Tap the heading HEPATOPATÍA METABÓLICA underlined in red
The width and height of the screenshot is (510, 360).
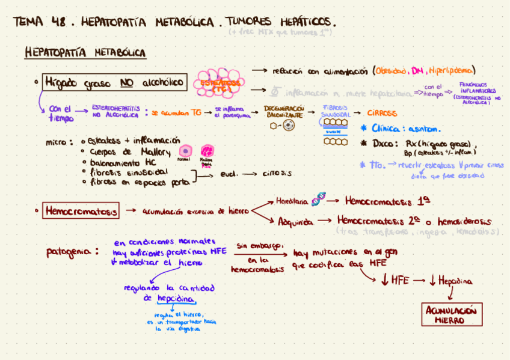[85, 53]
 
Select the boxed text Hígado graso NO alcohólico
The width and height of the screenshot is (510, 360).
[114, 82]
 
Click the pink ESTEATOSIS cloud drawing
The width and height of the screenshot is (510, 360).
[221, 87]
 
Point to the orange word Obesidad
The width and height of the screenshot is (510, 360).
[392, 70]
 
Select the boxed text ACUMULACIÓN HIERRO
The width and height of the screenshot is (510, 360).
[450, 315]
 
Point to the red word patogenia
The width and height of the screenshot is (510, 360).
[71, 252]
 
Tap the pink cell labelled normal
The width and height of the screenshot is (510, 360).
[186, 150]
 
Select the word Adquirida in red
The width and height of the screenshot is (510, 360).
[295, 221]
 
